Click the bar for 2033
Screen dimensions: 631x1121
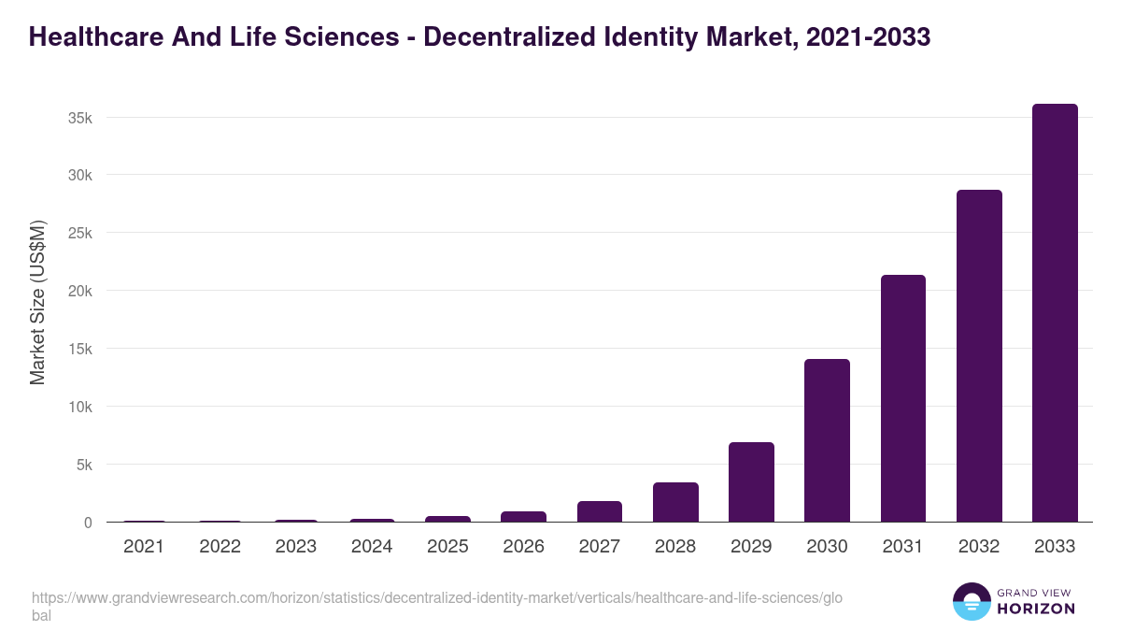1055,313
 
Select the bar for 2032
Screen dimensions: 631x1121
979,356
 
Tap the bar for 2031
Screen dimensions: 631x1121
902,398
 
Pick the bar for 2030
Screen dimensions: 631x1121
827,440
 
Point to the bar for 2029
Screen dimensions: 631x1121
751,482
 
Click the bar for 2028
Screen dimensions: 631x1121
675,502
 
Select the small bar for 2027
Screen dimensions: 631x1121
599,511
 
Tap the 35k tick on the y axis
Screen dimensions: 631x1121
78,118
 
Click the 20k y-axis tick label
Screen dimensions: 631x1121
78,291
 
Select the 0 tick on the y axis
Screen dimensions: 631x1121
88,523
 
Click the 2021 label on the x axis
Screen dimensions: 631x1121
144,547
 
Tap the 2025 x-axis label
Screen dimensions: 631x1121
447,547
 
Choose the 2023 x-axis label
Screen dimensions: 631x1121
295,547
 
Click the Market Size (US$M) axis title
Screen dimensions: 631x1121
38,304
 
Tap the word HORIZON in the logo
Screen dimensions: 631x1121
1037,608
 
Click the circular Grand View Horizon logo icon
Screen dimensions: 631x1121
972,601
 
